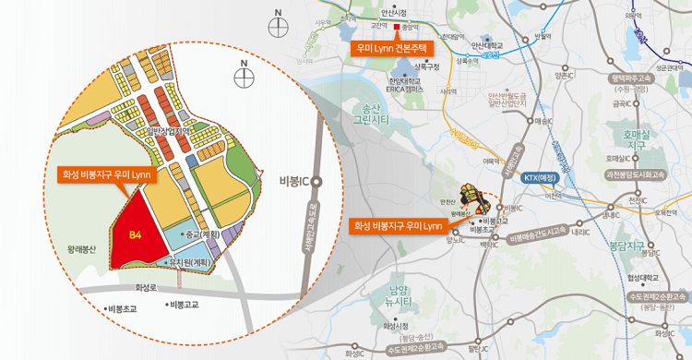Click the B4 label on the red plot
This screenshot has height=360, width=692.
point(135,235)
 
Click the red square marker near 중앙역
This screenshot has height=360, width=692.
point(397,28)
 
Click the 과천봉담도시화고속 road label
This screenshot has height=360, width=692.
point(636,173)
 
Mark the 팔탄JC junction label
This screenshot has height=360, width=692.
point(477,349)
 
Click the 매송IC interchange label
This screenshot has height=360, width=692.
point(543,121)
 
